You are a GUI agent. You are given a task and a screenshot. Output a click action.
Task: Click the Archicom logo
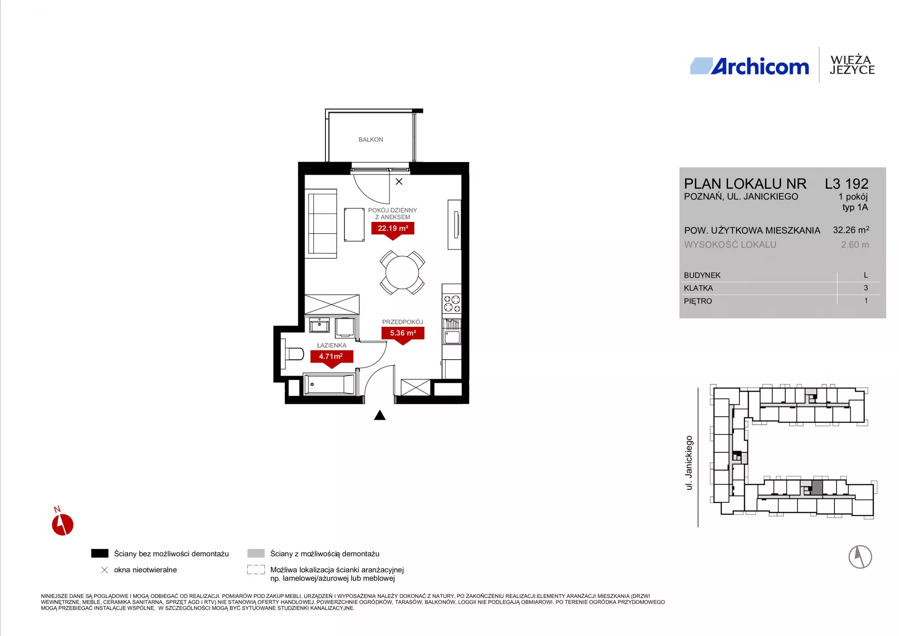click(749, 66)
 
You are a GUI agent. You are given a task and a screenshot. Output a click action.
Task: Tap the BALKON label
click(371, 140)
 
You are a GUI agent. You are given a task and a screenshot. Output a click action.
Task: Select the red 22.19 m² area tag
click(393, 230)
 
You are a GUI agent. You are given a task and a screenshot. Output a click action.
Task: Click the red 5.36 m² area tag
click(403, 335)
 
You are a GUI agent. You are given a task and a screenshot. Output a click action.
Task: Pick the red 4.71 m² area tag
click(332, 359)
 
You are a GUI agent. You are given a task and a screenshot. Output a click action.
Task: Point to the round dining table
click(402, 273)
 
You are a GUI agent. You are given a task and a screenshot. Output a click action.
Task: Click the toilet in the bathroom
click(292, 354)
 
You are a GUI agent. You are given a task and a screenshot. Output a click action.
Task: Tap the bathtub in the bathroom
click(330, 385)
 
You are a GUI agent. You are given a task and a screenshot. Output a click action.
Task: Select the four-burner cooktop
click(452, 303)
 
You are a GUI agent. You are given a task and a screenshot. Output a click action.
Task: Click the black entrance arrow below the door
click(380, 415)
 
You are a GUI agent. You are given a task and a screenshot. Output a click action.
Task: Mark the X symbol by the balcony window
click(399, 182)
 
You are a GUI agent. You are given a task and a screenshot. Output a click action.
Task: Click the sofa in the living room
click(321, 224)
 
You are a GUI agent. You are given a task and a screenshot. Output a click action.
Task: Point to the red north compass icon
click(62, 524)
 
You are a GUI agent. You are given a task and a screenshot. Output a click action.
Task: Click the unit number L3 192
click(847, 184)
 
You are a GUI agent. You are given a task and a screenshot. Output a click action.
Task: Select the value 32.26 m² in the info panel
click(851, 230)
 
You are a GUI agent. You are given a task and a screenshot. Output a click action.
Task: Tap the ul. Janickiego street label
click(689, 463)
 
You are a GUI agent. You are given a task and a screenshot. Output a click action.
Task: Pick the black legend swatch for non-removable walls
click(100, 554)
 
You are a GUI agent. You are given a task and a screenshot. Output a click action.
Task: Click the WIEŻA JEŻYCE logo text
click(852, 65)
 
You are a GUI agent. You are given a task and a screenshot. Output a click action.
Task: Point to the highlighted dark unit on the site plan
click(817, 488)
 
